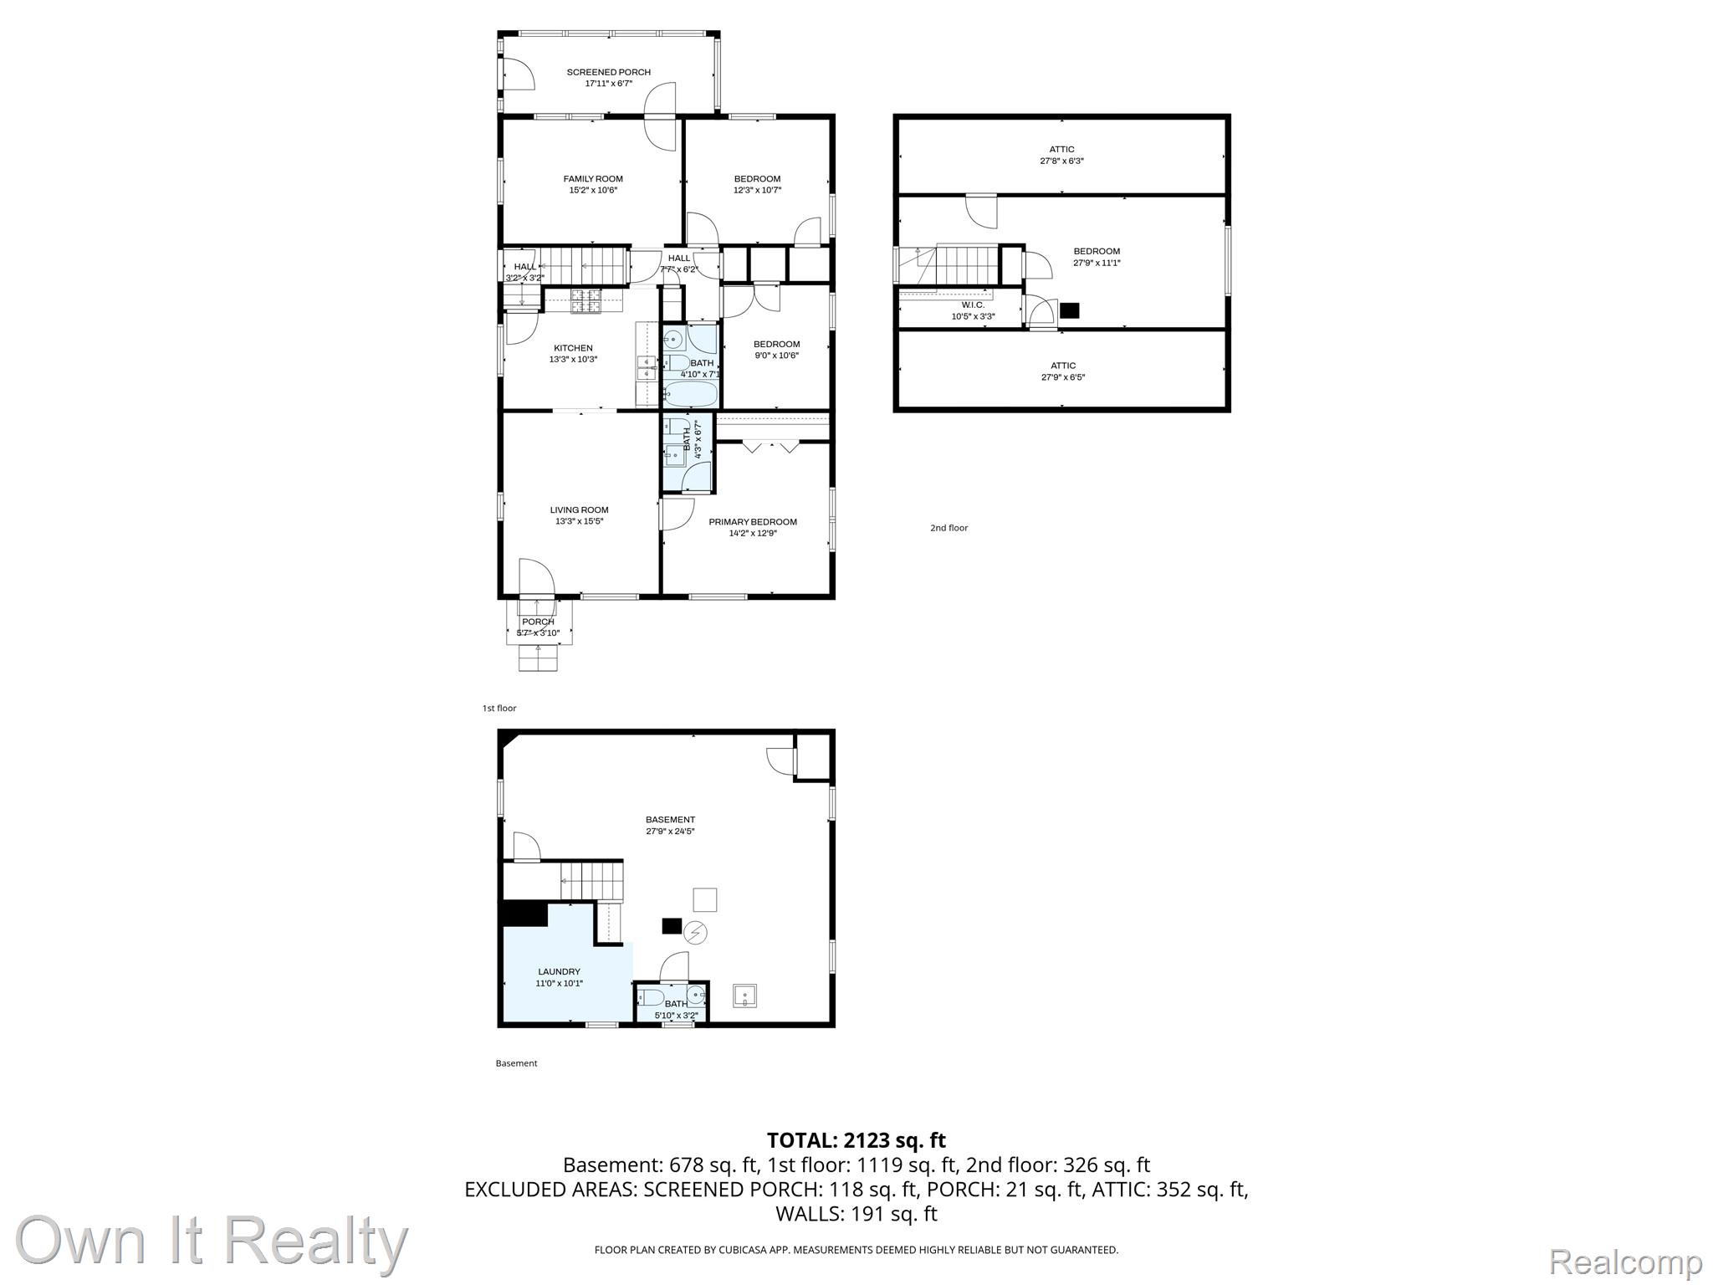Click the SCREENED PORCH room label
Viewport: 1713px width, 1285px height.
click(608, 72)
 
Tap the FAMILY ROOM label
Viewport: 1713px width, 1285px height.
click(593, 179)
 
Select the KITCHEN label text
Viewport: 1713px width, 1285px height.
click(573, 348)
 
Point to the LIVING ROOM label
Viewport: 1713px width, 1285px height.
click(579, 509)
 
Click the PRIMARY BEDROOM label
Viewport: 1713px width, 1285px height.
click(753, 522)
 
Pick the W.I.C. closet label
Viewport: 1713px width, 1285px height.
click(973, 305)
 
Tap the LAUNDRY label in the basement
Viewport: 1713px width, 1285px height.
click(559, 972)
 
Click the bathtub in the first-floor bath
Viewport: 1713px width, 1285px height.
click(691, 393)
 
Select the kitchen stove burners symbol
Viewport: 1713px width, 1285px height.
click(585, 300)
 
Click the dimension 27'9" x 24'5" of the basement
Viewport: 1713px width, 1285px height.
click(670, 832)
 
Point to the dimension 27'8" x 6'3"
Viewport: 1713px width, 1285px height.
click(1061, 161)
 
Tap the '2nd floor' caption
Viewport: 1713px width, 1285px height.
click(949, 528)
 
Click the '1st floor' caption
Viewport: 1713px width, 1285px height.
click(499, 709)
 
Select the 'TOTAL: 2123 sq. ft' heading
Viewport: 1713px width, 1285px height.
click(856, 1140)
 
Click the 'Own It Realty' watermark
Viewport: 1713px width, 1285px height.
click(212, 1241)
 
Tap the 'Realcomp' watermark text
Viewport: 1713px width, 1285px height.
click(1626, 1261)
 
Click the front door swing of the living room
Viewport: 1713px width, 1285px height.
click(536, 577)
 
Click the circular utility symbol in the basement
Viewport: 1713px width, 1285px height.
click(696, 932)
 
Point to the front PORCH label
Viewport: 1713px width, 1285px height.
click(538, 622)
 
